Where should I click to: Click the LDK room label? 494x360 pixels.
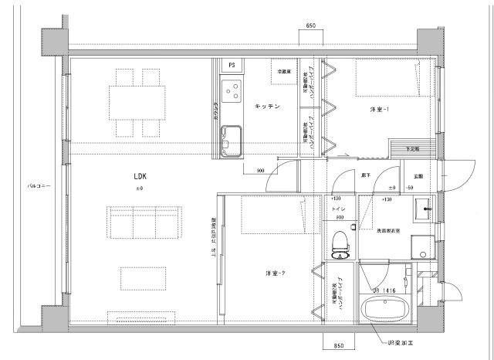tap(140, 177)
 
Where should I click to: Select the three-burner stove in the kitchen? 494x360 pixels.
tap(230, 93)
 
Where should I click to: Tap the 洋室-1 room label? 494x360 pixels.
tap(379, 110)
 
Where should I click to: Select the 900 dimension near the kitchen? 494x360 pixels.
tap(259, 171)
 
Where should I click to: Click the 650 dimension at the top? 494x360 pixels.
tap(310, 26)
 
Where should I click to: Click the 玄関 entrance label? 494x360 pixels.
tap(417, 177)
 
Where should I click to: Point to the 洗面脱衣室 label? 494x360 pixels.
tap(387, 231)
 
